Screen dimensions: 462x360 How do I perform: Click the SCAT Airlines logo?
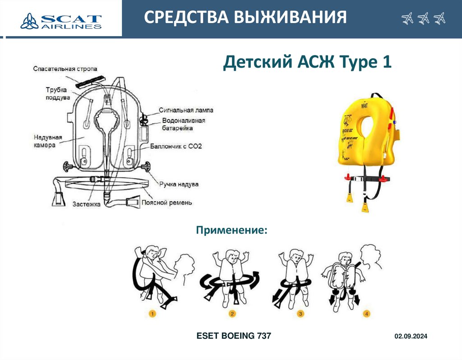tap(61, 20)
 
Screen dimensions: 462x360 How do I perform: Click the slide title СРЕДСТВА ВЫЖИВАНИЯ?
tap(245, 18)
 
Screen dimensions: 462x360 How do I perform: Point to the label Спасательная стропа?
tap(65, 69)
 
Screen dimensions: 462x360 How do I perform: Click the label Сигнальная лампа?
tap(186, 110)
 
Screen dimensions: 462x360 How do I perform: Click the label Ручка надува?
tap(178, 184)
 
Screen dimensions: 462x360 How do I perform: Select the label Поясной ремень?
tap(167, 203)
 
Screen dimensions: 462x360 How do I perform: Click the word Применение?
tap(231, 231)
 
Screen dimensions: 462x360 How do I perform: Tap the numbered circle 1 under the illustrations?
tap(152, 314)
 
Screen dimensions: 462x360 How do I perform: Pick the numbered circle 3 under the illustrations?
tap(300, 314)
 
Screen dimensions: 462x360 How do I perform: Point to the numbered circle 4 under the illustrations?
tap(367, 314)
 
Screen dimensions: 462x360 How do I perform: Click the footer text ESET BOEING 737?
tap(234, 336)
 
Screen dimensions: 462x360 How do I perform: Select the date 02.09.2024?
tap(411, 337)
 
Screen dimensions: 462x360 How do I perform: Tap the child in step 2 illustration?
tap(233, 275)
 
